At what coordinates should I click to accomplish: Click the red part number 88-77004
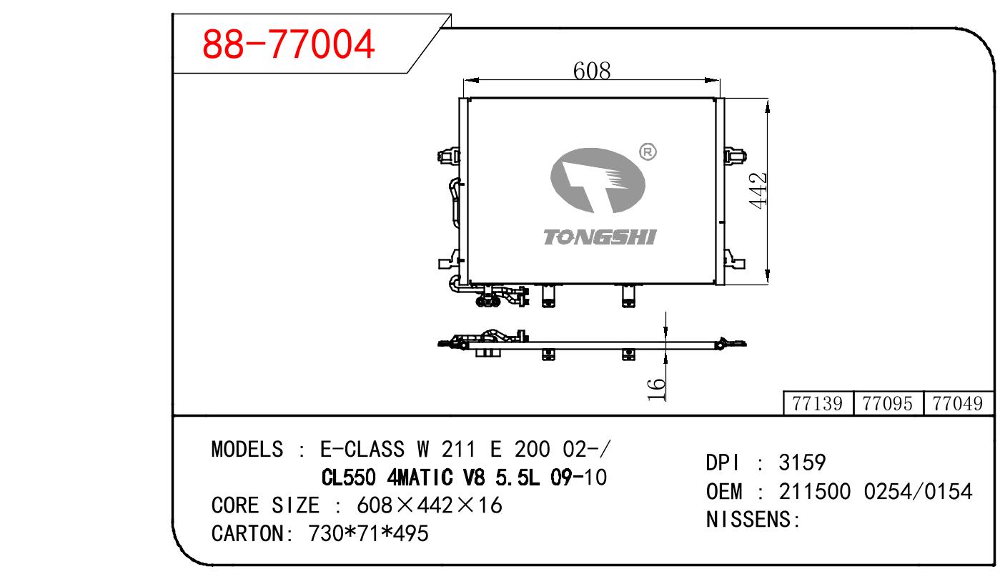pyautogui.click(x=288, y=44)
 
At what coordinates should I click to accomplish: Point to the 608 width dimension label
pyautogui.click(x=592, y=71)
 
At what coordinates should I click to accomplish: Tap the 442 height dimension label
pyautogui.click(x=758, y=191)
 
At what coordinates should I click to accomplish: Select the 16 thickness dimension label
pyautogui.click(x=656, y=390)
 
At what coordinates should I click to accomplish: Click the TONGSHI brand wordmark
pyautogui.click(x=600, y=237)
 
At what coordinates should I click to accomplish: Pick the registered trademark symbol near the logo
pyautogui.click(x=648, y=152)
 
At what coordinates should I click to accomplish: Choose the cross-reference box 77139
pyautogui.click(x=818, y=404)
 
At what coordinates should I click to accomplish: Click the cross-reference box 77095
pyautogui.click(x=888, y=404)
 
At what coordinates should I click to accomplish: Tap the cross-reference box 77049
pyautogui.click(x=958, y=404)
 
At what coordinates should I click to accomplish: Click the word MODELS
pyautogui.click(x=247, y=449)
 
